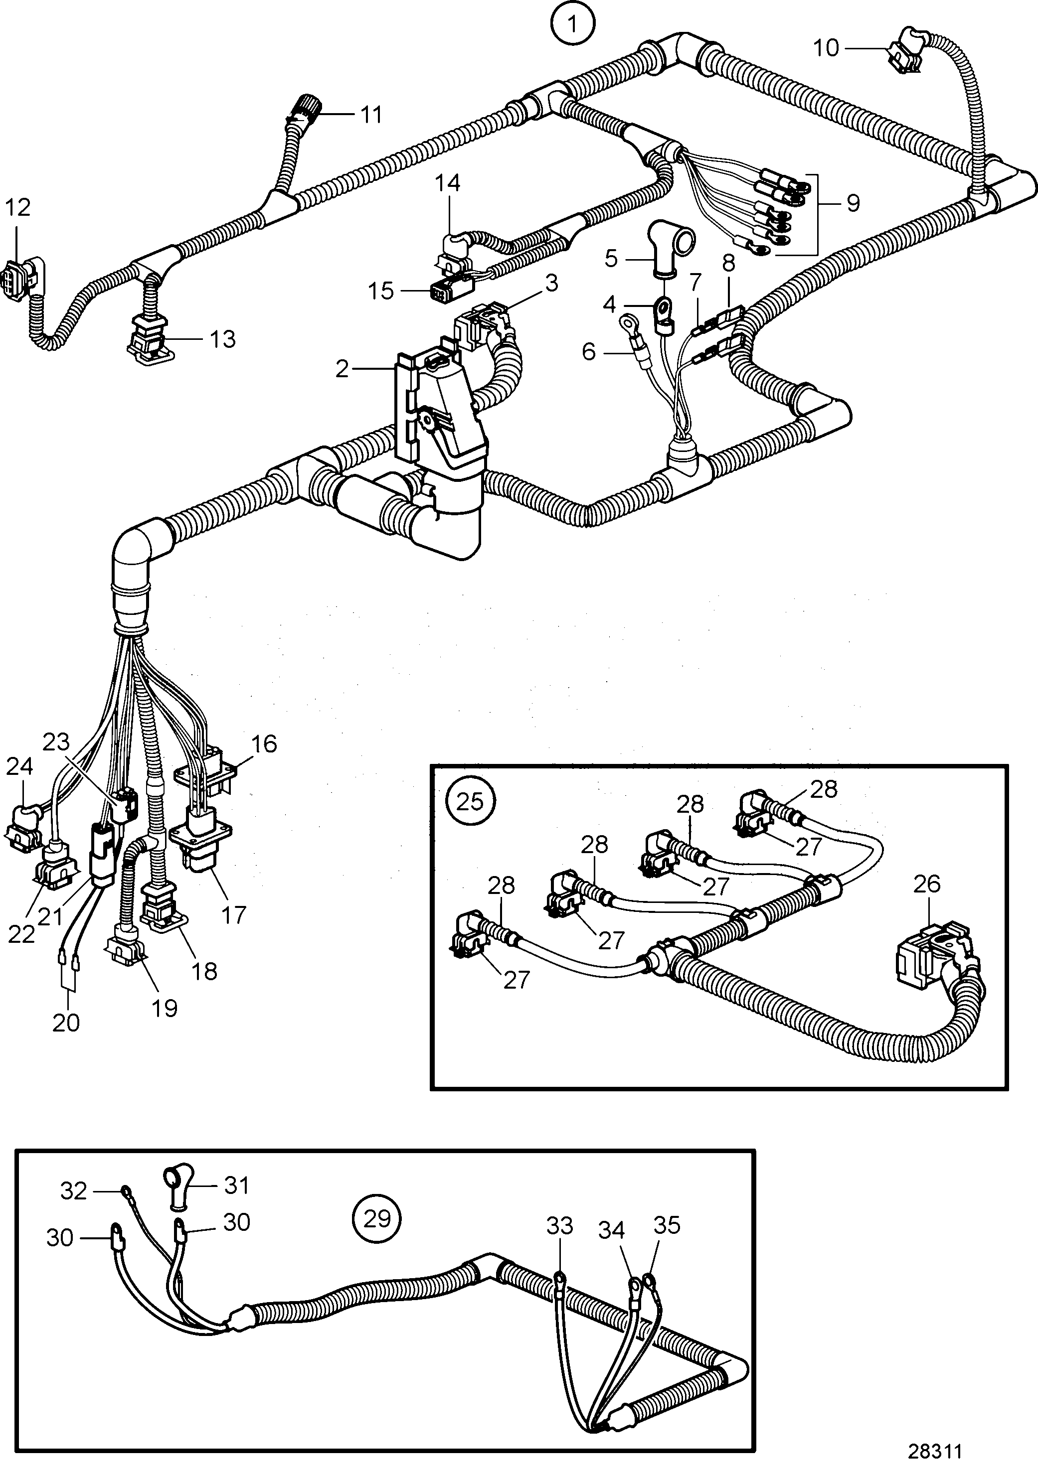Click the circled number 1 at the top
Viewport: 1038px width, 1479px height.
[572, 24]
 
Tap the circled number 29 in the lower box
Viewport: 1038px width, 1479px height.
[377, 1219]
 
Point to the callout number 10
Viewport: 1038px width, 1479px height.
[826, 48]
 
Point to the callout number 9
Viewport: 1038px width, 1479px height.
[853, 203]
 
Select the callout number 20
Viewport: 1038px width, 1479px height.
[66, 1022]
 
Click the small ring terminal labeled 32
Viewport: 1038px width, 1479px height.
[124, 1191]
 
